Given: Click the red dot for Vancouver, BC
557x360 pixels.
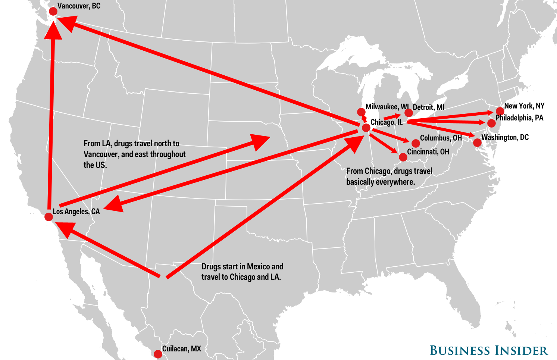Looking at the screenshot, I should (53, 11).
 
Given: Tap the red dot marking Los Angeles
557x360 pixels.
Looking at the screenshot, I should (48, 217).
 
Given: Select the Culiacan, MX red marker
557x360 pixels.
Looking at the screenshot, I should (158, 354).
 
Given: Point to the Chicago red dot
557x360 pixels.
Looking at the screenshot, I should (366, 128).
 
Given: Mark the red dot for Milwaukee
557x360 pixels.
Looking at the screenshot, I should (361, 112).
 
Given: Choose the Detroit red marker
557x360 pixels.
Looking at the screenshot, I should (409, 113).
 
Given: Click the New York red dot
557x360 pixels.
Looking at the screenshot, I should (500, 111).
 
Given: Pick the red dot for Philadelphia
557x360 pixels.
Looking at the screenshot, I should (492, 123).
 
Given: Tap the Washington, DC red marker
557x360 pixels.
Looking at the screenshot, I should (477, 143).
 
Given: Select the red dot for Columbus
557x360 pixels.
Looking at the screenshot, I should (416, 143).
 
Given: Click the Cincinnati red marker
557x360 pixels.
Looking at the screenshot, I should (403, 157).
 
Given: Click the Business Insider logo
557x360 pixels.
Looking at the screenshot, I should (488, 351).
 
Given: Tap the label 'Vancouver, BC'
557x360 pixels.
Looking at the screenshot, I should (79, 6).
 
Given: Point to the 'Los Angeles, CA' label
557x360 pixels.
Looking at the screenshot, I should (76, 212).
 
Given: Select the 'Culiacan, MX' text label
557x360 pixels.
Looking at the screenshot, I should (182, 349).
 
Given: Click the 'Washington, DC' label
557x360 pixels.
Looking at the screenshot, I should (505, 137).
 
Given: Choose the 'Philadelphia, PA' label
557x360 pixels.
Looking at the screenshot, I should (519, 118).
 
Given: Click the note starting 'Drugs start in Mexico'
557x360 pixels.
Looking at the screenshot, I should (242, 272).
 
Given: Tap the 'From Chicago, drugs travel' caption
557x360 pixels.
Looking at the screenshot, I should (389, 176).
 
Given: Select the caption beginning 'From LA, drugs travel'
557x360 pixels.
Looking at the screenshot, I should (134, 154).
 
